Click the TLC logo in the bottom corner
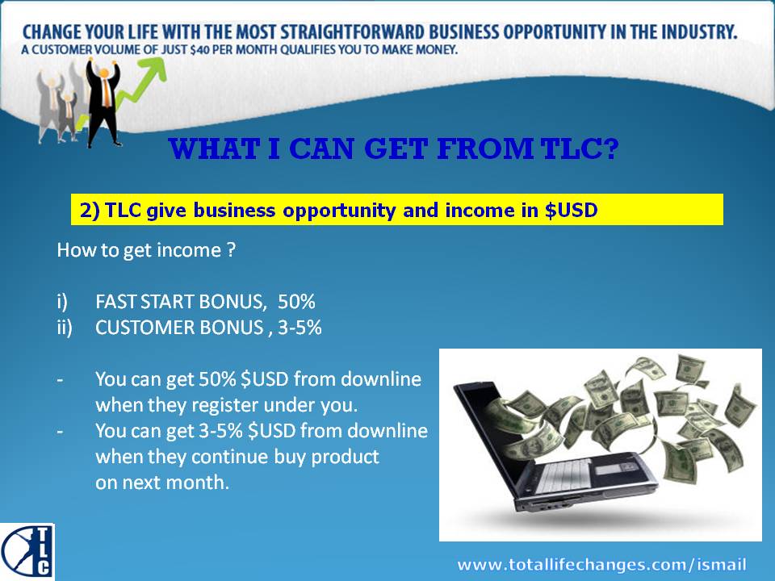pos(27,552)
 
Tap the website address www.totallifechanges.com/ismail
pos(601,564)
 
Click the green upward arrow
pos(126,91)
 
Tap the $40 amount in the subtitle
pos(200,50)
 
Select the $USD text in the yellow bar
pos(571,210)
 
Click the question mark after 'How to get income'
pos(231,250)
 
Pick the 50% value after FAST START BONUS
pos(296,301)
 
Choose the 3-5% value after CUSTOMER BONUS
pos(300,327)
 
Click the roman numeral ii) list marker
pos(65,328)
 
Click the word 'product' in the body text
pos(345,457)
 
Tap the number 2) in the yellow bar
pos(90,211)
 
